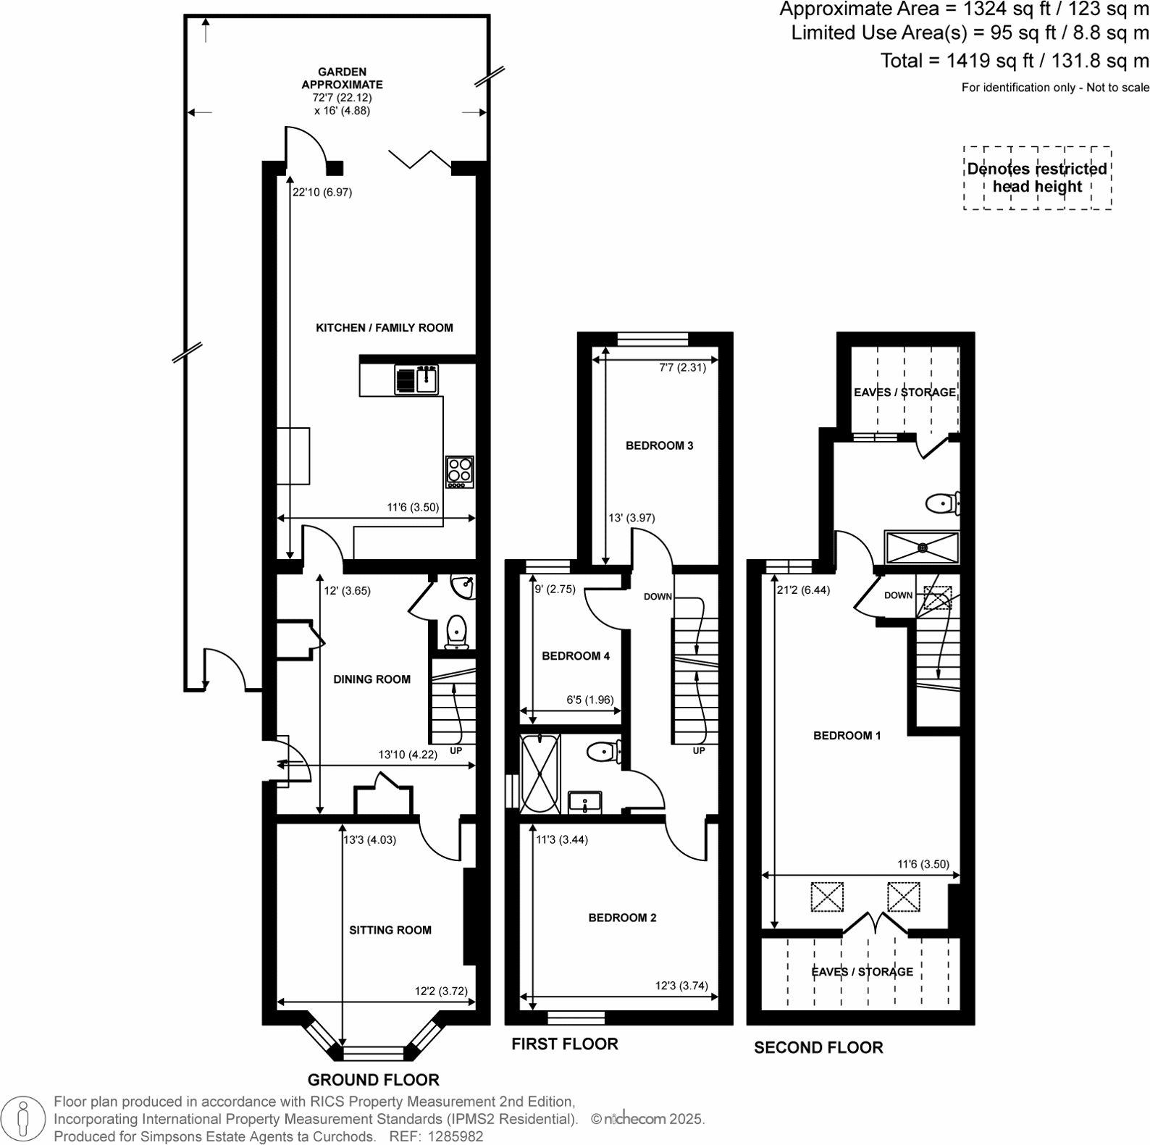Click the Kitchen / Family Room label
pyautogui.click(x=384, y=328)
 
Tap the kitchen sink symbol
pyautogui.click(x=416, y=379)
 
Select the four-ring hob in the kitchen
pyautogui.click(x=459, y=471)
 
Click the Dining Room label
pyautogui.click(x=372, y=679)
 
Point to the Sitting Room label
pyautogui.click(x=390, y=930)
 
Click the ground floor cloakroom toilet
pyautogui.click(x=456, y=632)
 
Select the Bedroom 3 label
pyautogui.click(x=659, y=445)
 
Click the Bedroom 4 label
pyautogui.click(x=576, y=656)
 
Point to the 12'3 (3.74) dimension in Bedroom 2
pyautogui.click(x=681, y=986)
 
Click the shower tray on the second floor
pyautogui.click(x=922, y=548)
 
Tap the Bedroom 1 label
pyautogui.click(x=847, y=736)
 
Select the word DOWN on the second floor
pyautogui.click(x=898, y=595)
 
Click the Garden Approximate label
pyautogui.click(x=342, y=78)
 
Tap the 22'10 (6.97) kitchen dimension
pyautogui.click(x=322, y=193)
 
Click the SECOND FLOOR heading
pyautogui.click(x=818, y=1048)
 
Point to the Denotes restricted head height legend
pyautogui.click(x=1037, y=178)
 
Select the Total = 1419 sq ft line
pyautogui.click(x=1014, y=61)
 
